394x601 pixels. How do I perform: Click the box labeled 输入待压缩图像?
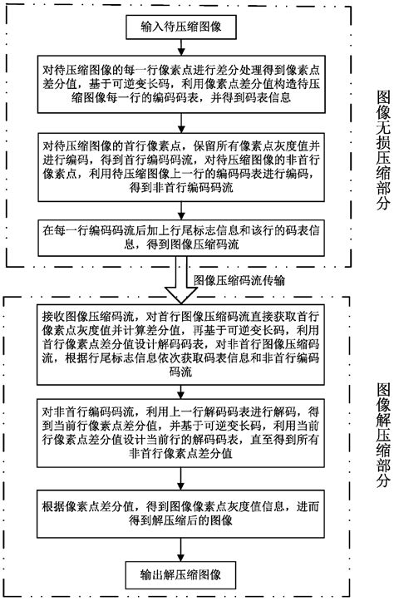(x=181, y=27)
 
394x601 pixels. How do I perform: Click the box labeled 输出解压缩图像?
(x=181, y=574)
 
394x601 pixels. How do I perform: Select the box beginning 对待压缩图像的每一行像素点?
(x=181, y=84)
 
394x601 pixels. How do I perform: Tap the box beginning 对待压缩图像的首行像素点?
(x=181, y=167)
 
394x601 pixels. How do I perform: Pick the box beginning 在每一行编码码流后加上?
(x=181, y=238)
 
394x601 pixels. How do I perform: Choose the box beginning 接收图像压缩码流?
(x=180, y=344)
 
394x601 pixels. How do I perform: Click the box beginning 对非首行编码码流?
(x=180, y=433)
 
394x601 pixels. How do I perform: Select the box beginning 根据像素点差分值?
(x=180, y=514)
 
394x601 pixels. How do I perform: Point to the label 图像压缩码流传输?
(x=239, y=280)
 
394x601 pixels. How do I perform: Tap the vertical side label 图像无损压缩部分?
(x=382, y=150)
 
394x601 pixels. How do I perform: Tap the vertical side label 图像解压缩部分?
(x=382, y=435)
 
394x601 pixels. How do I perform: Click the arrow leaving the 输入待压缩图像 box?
(x=181, y=47)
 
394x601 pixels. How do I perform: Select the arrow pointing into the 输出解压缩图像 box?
(x=181, y=550)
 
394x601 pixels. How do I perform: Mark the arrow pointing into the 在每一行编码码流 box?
(x=181, y=210)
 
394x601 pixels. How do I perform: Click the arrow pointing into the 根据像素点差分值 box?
(x=181, y=479)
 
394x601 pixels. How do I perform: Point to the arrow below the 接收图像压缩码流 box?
(x=181, y=392)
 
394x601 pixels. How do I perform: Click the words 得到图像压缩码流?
(x=193, y=244)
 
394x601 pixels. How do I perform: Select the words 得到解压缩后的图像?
(x=180, y=520)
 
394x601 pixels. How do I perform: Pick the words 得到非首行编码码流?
(x=181, y=187)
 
